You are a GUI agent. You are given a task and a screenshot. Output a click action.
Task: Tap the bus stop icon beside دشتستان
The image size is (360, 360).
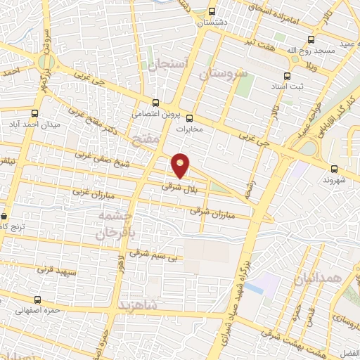pos(212,12)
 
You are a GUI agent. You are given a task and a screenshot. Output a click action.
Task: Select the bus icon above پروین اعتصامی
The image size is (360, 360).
pos(155,103)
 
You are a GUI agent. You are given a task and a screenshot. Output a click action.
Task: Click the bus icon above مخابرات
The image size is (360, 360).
pos(189,117)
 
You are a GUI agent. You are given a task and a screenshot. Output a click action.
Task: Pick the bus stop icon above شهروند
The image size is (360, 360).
pos(335,168)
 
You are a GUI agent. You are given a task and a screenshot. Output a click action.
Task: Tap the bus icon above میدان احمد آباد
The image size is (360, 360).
pos(35,113)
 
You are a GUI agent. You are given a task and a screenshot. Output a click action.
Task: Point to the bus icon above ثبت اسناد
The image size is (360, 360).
pos(286,77)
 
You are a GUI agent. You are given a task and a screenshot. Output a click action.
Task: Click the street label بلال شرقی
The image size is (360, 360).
pos(176,186)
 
